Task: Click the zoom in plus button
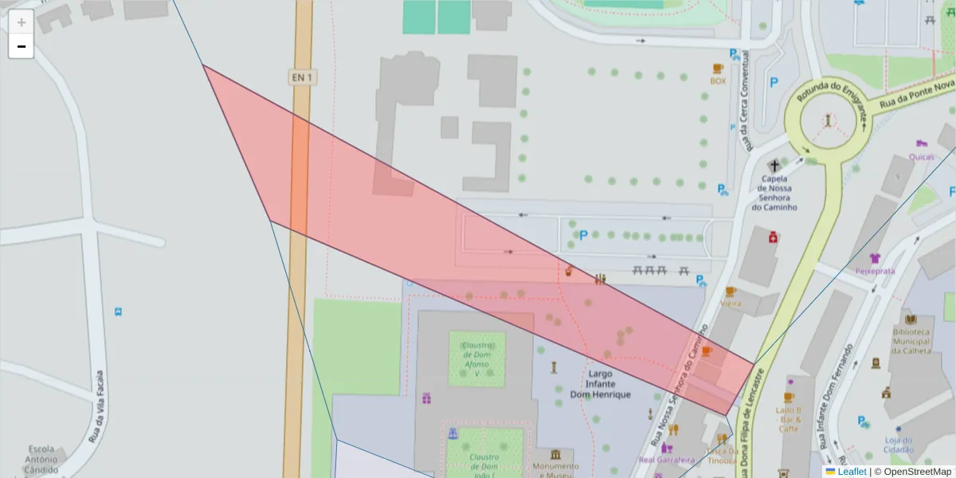click(22, 22)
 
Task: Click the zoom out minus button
click(22, 46)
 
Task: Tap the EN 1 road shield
click(301, 77)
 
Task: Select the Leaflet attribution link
click(851, 472)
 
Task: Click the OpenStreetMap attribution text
click(912, 472)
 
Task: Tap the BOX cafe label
click(718, 80)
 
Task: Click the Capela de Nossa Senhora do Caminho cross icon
click(774, 166)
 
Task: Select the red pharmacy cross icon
click(772, 237)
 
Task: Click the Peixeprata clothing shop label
click(875, 271)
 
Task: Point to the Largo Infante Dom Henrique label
click(600, 384)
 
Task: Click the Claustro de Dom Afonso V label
click(476, 359)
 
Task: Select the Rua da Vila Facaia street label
click(97, 406)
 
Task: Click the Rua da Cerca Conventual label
click(746, 101)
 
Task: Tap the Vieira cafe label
click(730, 304)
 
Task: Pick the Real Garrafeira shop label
click(667, 460)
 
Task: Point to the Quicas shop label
click(921, 156)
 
